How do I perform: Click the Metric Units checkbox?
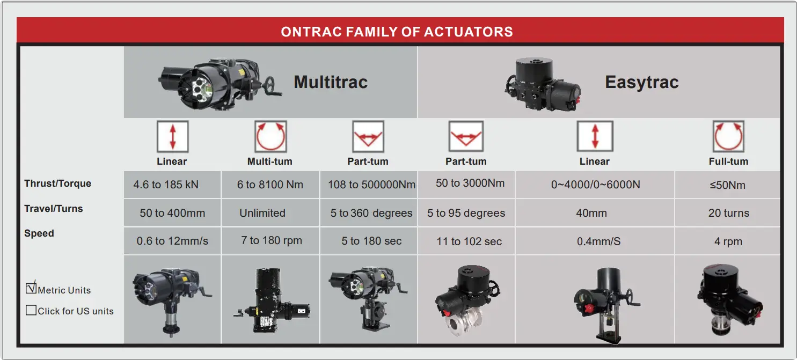coord(31,288)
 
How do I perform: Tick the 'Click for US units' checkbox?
coord(31,310)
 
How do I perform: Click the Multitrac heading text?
coord(331,82)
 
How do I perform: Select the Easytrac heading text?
coord(642,83)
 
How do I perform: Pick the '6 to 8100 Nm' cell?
coord(270,185)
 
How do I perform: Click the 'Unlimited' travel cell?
coord(262,212)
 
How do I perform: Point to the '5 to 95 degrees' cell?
coord(466,213)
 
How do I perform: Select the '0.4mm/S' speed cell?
coord(598,241)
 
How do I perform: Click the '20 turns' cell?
coord(729,213)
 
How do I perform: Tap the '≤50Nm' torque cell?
coord(727,185)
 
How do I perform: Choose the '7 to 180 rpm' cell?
coord(272,240)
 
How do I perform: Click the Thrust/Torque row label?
coord(57,183)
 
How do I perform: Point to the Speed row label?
coord(39,233)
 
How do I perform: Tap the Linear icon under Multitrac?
coord(173,137)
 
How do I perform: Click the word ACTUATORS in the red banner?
coord(468,32)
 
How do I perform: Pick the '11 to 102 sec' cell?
coord(469,241)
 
